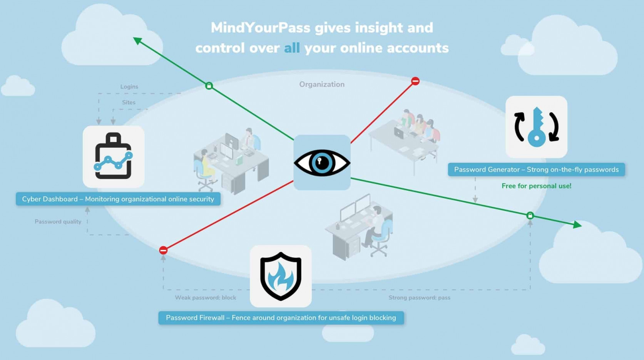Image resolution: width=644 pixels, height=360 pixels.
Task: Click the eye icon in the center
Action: coord(322,162)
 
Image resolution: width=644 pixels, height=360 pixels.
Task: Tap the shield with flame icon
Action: coord(281,276)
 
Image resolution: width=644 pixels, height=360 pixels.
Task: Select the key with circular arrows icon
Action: coord(536,127)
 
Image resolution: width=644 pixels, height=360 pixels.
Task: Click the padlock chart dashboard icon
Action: coord(114,157)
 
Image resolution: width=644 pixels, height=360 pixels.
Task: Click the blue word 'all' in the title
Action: coord(292,48)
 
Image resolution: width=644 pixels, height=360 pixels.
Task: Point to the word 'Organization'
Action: coord(322,84)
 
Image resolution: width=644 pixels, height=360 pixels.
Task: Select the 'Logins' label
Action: coord(129,87)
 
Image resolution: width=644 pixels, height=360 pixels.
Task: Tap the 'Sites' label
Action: coord(129,102)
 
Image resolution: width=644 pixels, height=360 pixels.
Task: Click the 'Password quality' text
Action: coord(58,222)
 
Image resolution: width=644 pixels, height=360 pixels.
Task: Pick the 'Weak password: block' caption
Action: coord(206,298)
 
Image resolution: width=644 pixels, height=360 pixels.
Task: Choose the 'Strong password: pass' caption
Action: coord(419,298)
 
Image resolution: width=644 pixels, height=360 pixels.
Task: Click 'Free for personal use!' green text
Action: coord(536,186)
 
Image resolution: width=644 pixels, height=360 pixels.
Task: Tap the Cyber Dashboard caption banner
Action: coord(118,199)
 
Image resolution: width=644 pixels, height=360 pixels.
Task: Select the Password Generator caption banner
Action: coord(536,170)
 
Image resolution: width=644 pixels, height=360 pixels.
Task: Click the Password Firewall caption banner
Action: coord(281,318)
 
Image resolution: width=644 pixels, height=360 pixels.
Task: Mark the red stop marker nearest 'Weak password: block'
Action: coord(163,250)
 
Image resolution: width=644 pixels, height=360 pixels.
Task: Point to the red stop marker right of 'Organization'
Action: coord(415,81)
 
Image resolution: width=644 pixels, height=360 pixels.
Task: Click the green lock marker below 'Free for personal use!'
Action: coord(530,216)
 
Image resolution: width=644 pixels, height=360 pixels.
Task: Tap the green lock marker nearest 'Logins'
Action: coord(209,85)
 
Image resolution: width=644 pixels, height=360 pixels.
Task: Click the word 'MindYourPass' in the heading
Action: coord(260,28)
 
